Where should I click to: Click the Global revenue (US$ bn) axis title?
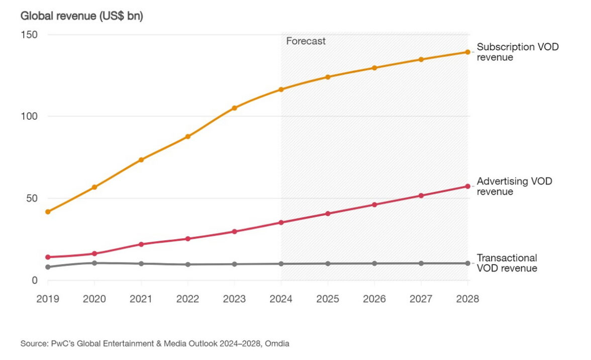click(81, 16)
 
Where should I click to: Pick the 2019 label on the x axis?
click(48, 299)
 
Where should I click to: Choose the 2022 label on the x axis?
click(187, 299)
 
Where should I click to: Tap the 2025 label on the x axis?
click(328, 299)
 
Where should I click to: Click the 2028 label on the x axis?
click(467, 299)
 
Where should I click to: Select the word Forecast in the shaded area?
click(306, 41)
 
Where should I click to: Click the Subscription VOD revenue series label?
click(518, 52)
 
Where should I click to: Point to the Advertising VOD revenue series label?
click(514, 186)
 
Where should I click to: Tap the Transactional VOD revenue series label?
click(507, 263)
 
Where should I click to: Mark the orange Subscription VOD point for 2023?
click(234, 108)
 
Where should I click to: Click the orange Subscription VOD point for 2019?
click(48, 212)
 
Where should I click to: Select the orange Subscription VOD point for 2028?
click(467, 52)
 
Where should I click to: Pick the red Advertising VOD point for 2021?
click(141, 244)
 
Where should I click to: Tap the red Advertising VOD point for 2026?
click(374, 205)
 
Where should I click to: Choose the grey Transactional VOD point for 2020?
click(94, 263)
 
